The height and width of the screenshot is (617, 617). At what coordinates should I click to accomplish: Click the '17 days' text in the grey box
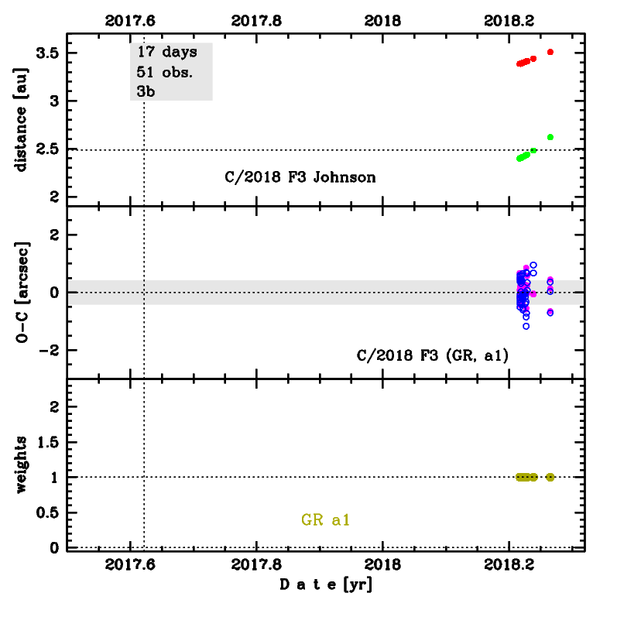point(166,53)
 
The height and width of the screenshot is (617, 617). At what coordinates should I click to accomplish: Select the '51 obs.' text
point(164,72)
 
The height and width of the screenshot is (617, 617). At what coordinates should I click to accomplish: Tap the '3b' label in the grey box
point(146,91)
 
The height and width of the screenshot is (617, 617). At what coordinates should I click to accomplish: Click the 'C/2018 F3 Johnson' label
point(300,177)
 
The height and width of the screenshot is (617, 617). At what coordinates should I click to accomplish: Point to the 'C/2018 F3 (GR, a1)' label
point(431,356)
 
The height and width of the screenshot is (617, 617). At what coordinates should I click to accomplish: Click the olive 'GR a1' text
point(326,520)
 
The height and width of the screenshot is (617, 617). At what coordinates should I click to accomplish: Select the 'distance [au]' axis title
point(22,120)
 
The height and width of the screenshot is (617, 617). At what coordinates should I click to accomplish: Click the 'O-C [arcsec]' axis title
point(22,292)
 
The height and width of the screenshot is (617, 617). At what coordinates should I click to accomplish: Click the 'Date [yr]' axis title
point(326,585)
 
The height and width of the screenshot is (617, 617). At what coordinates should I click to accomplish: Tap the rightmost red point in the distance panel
point(550,52)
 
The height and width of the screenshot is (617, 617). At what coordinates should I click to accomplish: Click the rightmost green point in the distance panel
point(550,137)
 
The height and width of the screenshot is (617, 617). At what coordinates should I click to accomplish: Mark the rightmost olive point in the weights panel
point(550,477)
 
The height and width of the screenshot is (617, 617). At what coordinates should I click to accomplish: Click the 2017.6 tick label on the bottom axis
point(131,563)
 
